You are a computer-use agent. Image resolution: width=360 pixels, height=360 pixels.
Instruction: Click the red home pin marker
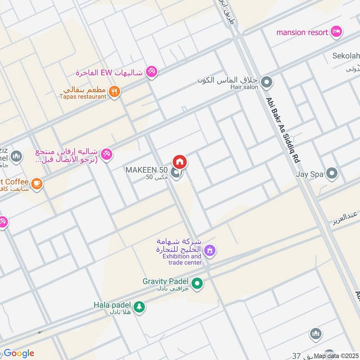click(x=180, y=162)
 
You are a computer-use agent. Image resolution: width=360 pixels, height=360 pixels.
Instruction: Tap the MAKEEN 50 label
click(x=146, y=170)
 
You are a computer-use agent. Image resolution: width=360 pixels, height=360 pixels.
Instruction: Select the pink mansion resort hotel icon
click(x=336, y=31)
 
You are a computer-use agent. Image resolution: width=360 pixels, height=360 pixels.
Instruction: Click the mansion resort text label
click(x=301, y=32)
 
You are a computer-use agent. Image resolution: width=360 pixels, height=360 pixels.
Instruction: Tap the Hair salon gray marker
click(x=267, y=82)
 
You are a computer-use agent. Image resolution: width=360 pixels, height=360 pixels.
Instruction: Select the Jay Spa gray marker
click(x=332, y=174)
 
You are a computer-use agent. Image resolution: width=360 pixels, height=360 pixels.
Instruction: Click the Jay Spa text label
click(x=310, y=174)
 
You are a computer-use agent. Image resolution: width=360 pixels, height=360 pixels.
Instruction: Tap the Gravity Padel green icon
click(x=197, y=283)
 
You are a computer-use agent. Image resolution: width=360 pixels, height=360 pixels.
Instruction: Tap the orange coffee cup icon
click(x=36, y=183)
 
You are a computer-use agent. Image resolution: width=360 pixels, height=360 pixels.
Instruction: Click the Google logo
click(x=18, y=353)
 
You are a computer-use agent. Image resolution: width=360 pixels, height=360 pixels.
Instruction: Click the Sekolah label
click(x=346, y=56)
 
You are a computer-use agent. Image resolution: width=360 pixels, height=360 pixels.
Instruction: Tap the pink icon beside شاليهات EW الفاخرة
click(x=152, y=72)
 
